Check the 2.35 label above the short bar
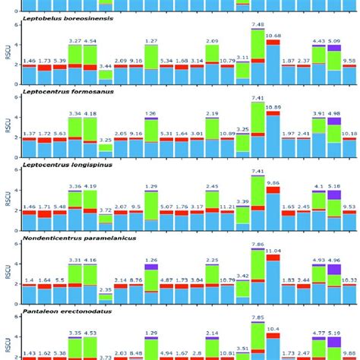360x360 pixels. (106, 289)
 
